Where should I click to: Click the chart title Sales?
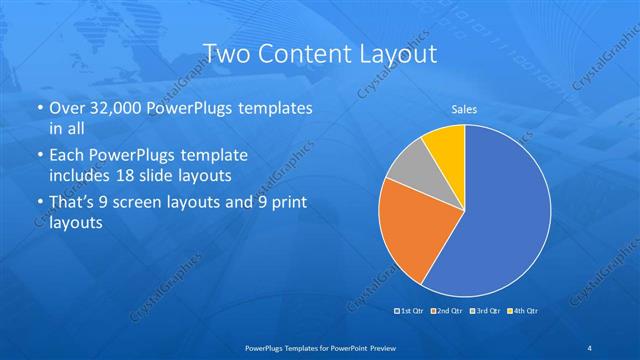[464, 108]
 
